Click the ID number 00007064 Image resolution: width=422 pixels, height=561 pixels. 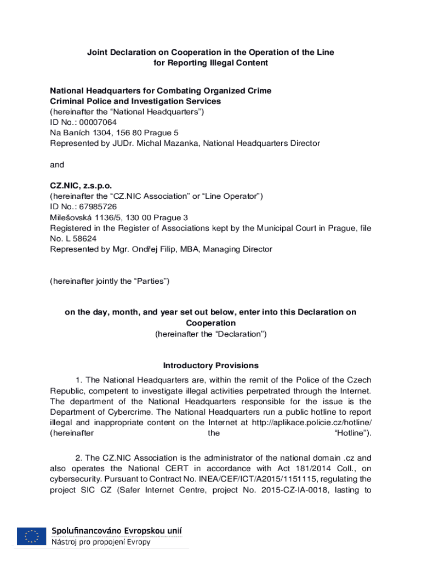click(98, 122)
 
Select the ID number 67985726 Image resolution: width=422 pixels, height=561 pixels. click(98, 207)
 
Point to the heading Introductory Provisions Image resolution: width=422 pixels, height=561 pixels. click(211, 365)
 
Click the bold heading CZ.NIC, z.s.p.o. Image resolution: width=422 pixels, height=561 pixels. click(81, 186)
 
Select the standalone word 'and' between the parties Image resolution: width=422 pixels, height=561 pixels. click(57, 165)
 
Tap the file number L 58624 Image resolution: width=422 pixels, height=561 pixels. click(78, 239)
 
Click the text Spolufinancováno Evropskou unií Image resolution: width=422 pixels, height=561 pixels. click(117, 531)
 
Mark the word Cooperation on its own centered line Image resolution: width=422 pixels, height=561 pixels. click(211, 323)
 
